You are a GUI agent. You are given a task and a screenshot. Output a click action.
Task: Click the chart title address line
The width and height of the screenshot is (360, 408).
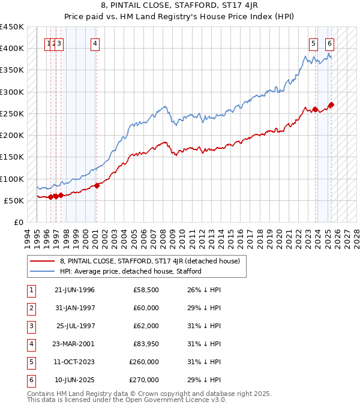(x=180, y=6)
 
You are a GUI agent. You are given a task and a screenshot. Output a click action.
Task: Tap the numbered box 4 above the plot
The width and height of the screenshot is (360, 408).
(x=95, y=43)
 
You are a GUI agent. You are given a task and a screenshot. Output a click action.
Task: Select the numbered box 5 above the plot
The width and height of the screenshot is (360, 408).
(x=314, y=43)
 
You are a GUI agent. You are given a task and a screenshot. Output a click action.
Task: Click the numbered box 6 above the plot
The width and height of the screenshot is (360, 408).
(x=330, y=43)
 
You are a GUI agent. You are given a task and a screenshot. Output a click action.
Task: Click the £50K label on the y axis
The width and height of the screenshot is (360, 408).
(x=15, y=200)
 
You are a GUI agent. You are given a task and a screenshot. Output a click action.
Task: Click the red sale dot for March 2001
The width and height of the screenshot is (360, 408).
(x=97, y=185)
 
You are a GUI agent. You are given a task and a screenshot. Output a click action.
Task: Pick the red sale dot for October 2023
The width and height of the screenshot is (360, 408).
(x=315, y=109)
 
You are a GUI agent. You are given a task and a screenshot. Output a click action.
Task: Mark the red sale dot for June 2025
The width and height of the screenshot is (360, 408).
(x=331, y=105)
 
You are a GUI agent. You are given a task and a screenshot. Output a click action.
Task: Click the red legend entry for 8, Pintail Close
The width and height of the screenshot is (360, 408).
(x=150, y=261)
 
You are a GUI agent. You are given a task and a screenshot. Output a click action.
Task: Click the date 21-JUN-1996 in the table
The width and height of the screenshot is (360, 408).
(x=74, y=290)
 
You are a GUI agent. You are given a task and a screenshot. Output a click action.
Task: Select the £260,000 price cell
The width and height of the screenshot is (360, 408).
(x=145, y=362)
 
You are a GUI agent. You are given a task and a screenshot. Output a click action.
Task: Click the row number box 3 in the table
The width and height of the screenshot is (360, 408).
(x=30, y=326)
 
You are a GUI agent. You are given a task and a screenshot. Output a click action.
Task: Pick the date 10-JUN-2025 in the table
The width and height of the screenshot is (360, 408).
(x=74, y=380)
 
